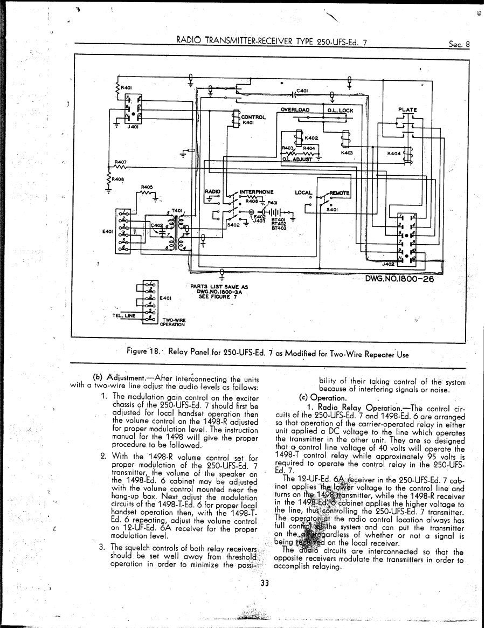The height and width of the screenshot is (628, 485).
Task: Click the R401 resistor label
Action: click(126, 87)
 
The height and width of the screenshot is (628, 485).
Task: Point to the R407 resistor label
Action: click(120, 161)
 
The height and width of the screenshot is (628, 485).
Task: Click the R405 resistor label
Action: click(147, 188)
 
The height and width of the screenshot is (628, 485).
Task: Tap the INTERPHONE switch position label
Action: click(257, 191)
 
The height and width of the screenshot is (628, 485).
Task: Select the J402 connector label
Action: click(387, 265)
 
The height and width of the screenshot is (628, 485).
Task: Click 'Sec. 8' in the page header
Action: click(459, 45)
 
